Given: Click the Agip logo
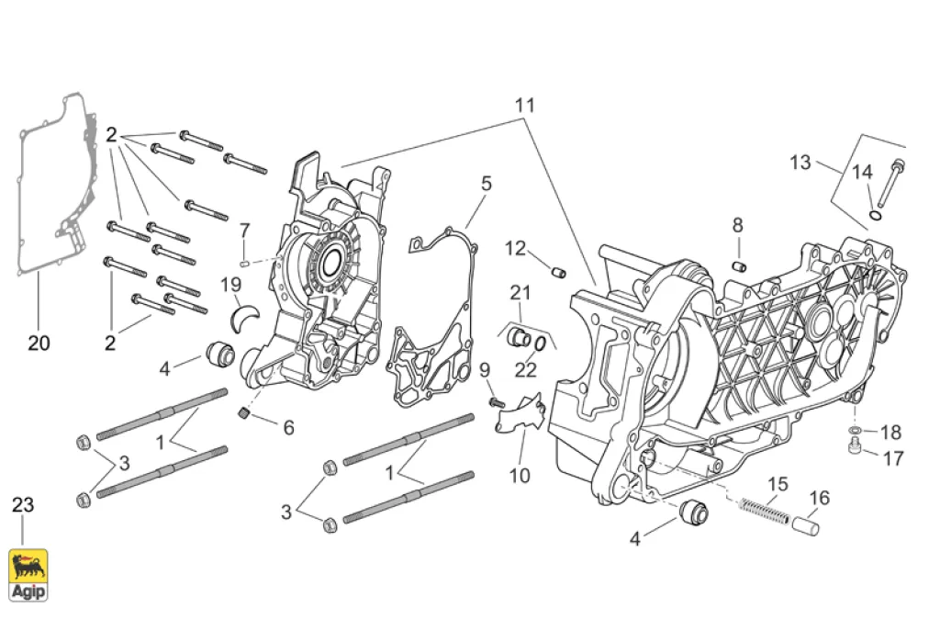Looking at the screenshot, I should (28, 567).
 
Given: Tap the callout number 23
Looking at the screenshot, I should (23, 505).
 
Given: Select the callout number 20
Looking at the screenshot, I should (39, 344).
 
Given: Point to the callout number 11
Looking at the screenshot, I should (524, 105).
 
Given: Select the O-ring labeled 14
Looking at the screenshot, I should (878, 216).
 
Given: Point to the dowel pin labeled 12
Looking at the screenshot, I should (557, 270).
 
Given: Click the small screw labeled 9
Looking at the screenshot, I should (496, 400).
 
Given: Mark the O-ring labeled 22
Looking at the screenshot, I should (543, 343).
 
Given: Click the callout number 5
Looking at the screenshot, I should (487, 184).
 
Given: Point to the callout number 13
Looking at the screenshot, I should (800, 163).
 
